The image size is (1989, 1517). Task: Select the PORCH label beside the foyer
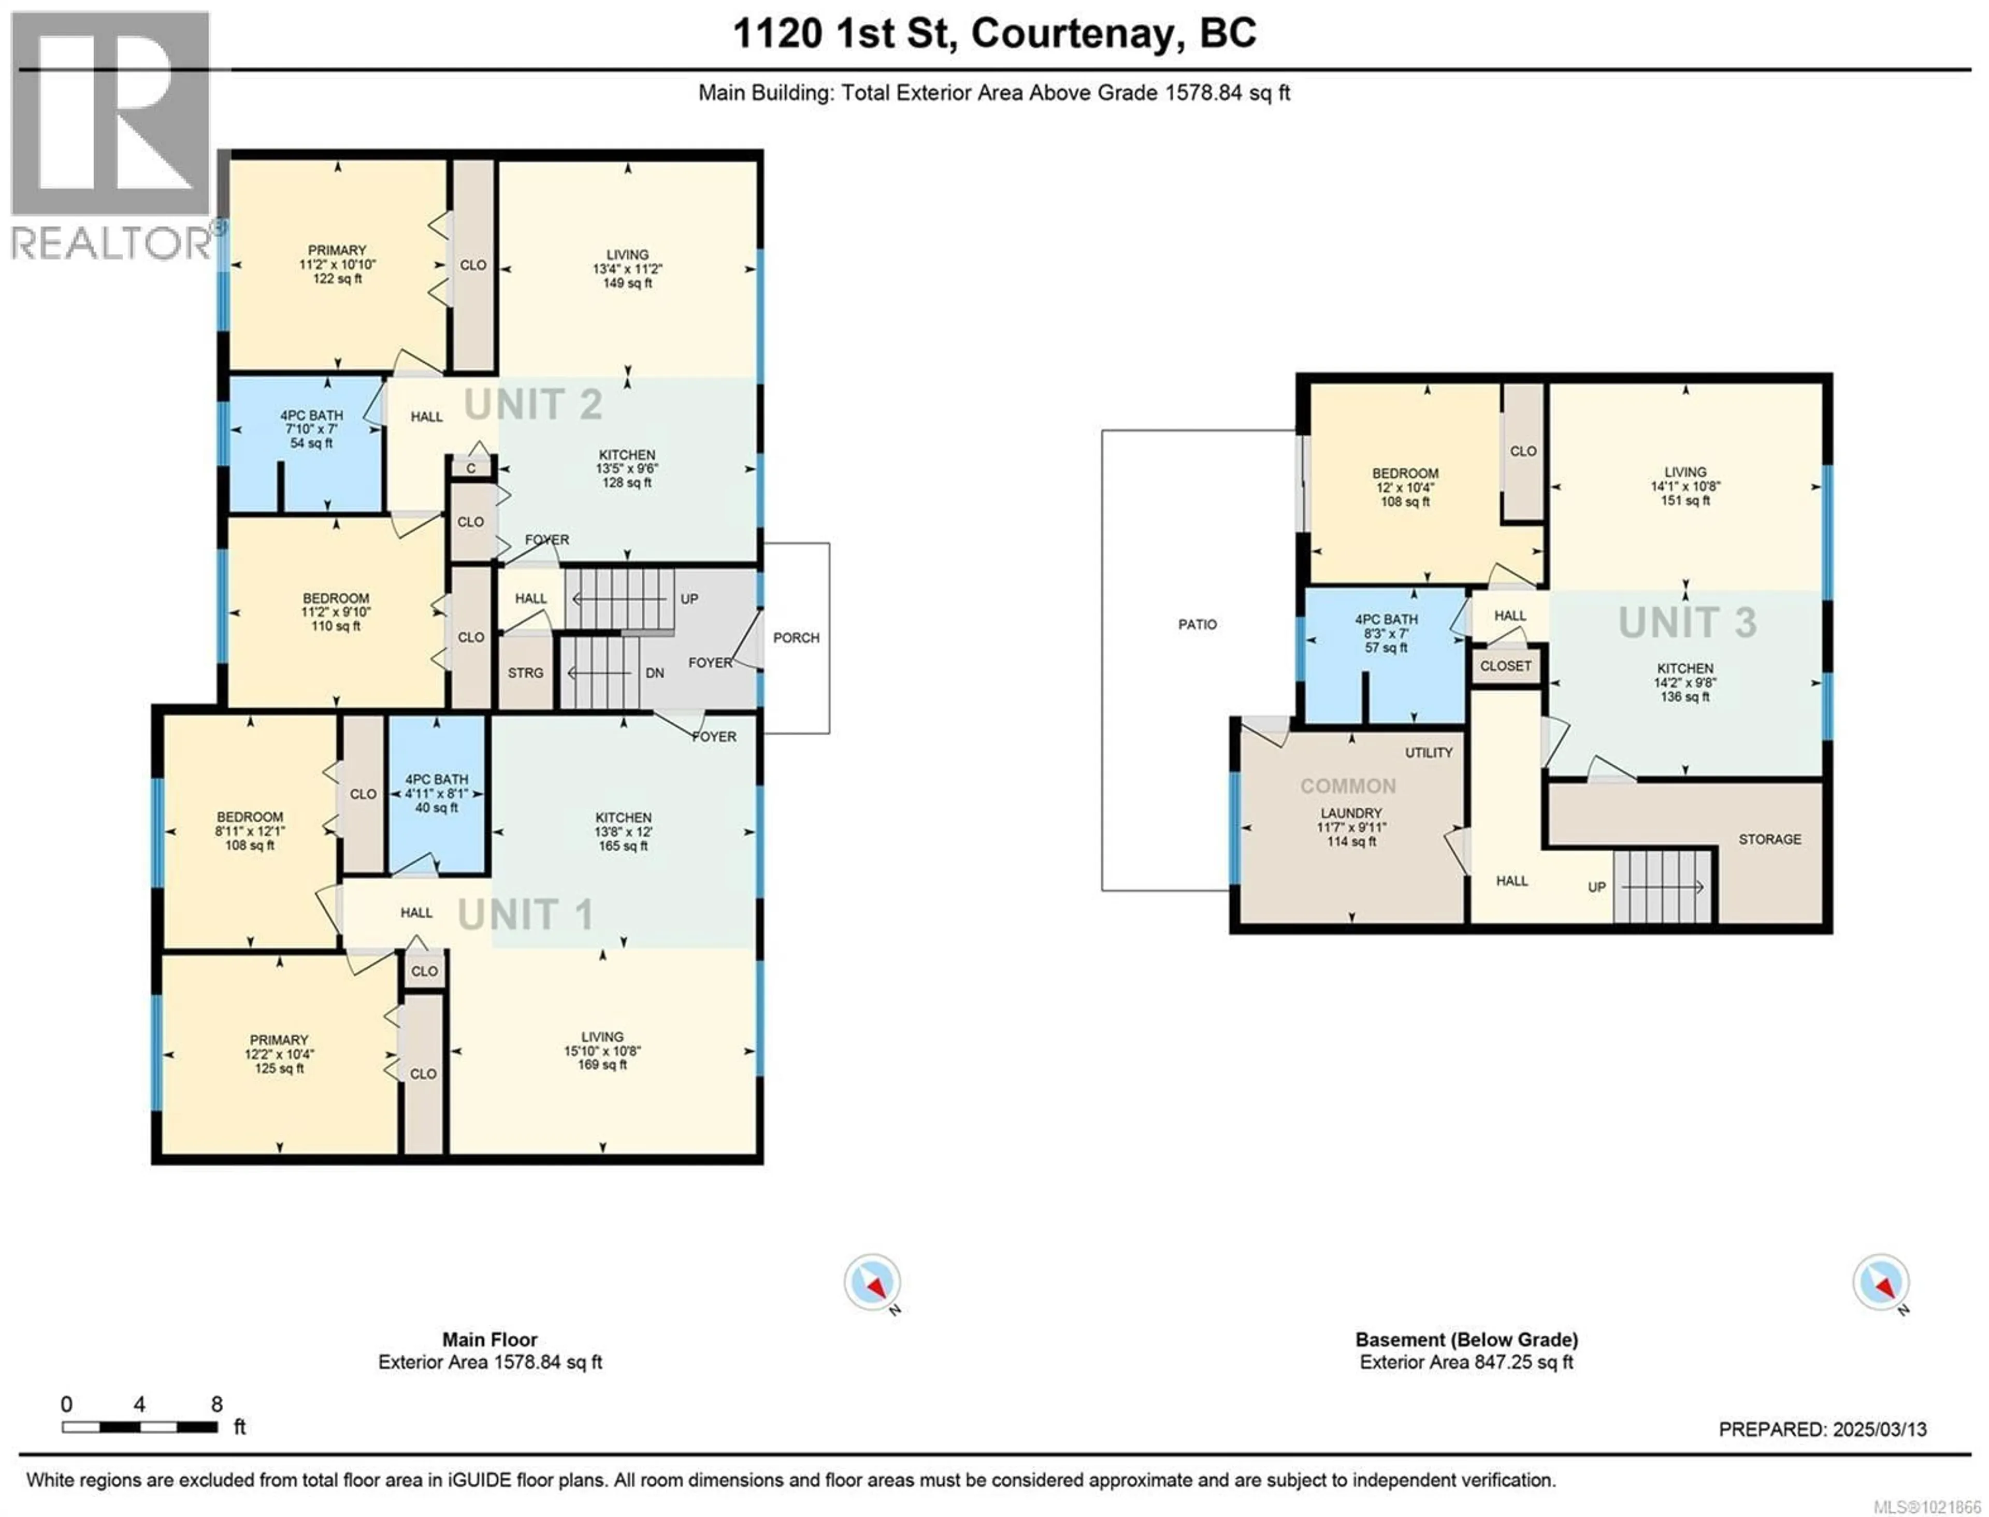coord(796,637)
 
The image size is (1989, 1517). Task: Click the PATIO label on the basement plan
coord(1197,624)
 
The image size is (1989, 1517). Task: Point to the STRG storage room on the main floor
coord(525,672)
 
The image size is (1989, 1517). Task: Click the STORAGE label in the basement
coord(1769,839)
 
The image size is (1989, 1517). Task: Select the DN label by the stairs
coord(655,672)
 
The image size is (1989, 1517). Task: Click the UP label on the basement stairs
coord(1596,886)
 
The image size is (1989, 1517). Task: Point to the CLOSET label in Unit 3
coord(1505,665)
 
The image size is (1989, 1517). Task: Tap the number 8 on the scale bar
coord(217,1404)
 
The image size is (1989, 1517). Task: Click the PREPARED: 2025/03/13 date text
coord(1822,1429)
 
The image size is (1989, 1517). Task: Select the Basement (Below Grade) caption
coord(1466,1340)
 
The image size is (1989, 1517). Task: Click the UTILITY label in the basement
coord(1429,752)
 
